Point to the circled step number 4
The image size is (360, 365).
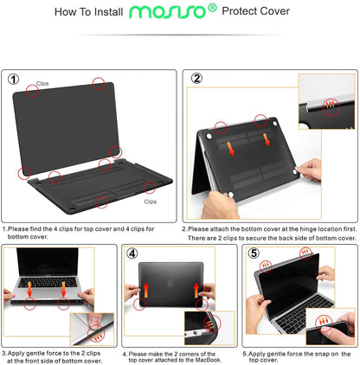[132, 253]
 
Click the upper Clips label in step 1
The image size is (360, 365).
[42, 84]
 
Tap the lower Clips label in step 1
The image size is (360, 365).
[150, 201]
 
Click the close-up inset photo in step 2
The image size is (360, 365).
[326, 101]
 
